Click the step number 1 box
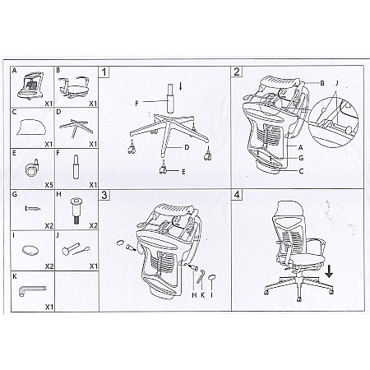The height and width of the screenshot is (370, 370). pos(104,72)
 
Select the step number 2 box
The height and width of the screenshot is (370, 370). pos(237,72)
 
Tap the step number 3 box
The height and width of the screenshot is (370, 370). pos(104,195)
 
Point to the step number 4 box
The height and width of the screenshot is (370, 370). pos(237,195)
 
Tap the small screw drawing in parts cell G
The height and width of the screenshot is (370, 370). pos(33,209)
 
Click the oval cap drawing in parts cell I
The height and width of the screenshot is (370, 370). pos(30,250)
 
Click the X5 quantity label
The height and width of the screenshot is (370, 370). pos(49,185)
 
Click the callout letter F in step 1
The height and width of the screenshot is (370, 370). pos(136,104)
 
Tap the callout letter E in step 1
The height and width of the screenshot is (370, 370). pos(183,172)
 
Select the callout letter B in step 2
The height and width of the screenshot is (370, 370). pos(322,83)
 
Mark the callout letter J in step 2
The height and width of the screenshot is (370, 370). pos(337,83)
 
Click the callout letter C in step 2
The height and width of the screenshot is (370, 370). pos(301,171)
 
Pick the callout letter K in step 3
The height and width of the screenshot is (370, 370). pos(203,295)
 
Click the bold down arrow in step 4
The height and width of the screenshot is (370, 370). pos(329,271)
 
